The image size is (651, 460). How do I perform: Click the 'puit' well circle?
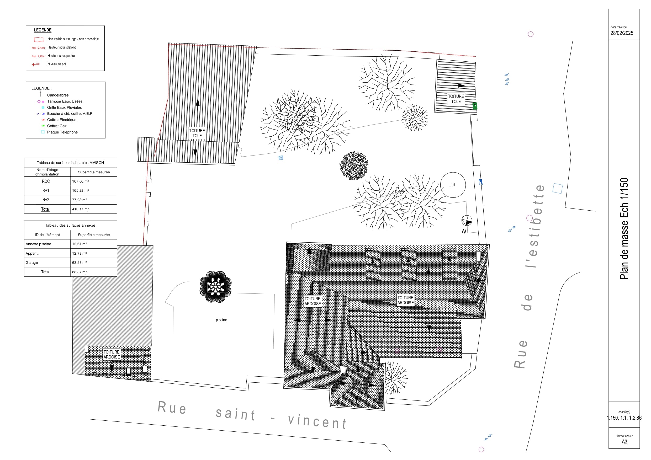point(453,185)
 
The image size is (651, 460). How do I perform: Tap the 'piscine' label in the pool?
point(221,320)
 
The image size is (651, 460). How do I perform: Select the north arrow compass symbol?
point(467,221)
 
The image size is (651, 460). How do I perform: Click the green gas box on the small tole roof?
point(475,106)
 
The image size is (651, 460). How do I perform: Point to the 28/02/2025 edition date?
point(622,33)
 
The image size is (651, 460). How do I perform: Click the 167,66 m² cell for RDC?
point(81,181)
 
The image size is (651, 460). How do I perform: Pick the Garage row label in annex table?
point(32,263)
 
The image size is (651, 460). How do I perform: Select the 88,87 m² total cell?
point(80,272)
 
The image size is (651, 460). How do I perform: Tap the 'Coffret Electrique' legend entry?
point(61,120)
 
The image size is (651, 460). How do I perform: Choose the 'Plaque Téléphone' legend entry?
point(62,132)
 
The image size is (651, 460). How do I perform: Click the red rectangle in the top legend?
point(39,40)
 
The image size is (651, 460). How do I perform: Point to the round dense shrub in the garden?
point(354,166)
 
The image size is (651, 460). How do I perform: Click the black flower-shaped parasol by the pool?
point(215,287)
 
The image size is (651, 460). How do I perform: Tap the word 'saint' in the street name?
point(235,414)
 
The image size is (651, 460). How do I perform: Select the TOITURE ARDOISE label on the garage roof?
point(112,355)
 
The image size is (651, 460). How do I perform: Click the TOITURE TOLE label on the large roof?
point(197,133)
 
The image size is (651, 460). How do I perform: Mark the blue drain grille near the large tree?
point(281,158)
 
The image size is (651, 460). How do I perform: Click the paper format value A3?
point(624,442)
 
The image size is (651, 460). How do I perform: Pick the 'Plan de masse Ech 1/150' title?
point(624,228)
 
